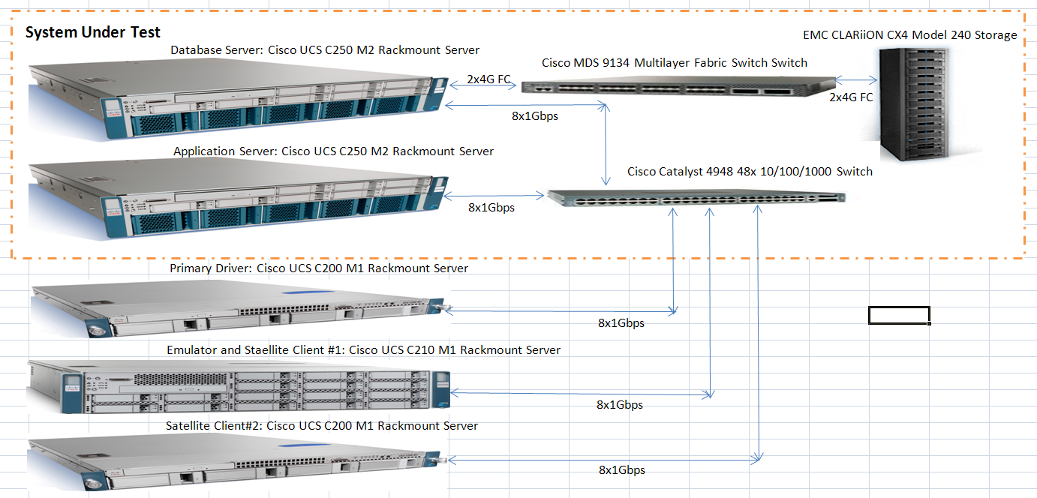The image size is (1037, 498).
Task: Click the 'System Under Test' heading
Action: tap(93, 33)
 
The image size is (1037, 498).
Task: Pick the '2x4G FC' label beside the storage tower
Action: tap(851, 97)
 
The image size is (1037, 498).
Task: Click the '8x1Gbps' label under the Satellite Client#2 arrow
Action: tap(621, 470)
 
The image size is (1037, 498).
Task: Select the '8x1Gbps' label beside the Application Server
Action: tap(491, 207)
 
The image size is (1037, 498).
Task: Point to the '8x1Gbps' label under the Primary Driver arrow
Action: tap(621, 323)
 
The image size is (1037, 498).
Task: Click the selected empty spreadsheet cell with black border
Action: tap(899, 315)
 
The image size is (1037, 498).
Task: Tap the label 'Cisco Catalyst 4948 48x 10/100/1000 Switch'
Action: tap(750, 172)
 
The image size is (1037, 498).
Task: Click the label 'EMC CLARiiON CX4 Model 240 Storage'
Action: tap(909, 35)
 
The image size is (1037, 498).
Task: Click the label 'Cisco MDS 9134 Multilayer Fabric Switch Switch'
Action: tap(675, 63)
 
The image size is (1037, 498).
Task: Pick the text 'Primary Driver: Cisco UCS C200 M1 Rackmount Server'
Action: tap(319, 268)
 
